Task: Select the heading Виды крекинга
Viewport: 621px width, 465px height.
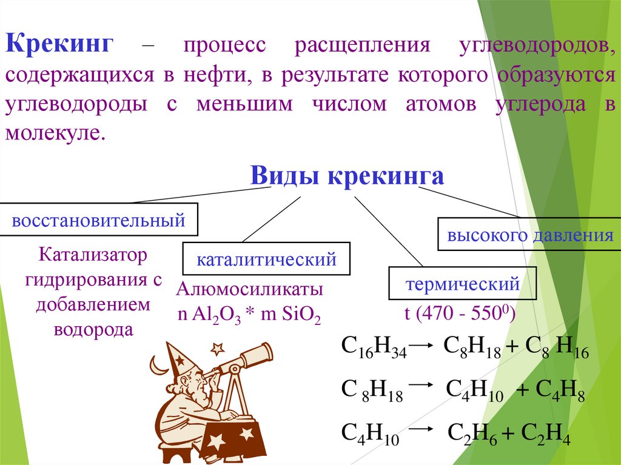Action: [x=347, y=176]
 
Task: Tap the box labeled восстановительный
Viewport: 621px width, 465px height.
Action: [x=98, y=219]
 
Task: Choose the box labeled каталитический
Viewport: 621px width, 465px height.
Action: [x=266, y=259]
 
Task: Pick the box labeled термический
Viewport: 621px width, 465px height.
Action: [x=463, y=283]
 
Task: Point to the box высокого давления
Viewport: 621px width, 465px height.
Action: [x=529, y=235]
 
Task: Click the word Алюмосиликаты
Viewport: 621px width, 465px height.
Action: [x=249, y=289]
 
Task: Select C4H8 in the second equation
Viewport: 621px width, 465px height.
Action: [x=551, y=390]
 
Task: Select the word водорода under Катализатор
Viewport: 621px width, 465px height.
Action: [x=93, y=330]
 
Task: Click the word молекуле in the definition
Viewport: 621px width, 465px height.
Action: [x=56, y=133]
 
